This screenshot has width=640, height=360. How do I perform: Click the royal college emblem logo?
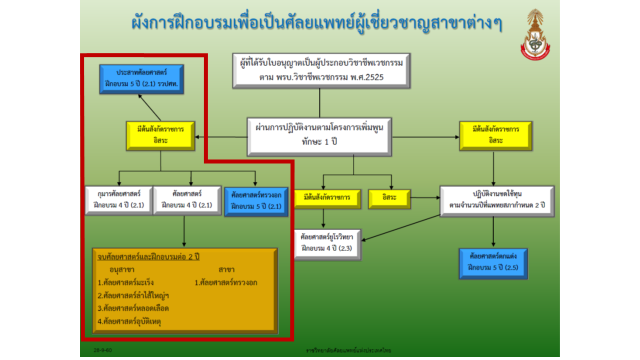point(535,34)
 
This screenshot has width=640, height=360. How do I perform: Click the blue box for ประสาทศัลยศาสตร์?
point(141,79)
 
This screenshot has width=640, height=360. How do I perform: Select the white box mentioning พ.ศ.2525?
point(321,70)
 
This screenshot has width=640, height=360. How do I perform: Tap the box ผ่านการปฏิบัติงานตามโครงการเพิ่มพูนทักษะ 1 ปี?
point(319,137)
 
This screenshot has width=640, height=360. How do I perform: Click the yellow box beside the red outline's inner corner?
point(160,135)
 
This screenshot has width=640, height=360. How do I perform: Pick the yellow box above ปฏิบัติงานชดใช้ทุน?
point(495,135)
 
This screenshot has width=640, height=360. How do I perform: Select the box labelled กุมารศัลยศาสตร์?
point(119,200)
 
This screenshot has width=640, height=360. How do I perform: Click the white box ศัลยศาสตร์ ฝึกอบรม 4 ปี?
point(187,200)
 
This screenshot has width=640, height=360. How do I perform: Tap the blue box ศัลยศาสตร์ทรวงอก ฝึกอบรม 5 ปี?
point(256,201)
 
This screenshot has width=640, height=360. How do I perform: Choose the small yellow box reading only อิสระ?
point(389,199)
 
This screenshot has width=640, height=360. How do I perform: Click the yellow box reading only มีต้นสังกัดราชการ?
point(327,199)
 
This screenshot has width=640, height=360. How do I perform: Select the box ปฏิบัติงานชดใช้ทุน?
point(497,201)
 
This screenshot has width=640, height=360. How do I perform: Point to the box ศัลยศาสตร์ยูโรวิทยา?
point(327,244)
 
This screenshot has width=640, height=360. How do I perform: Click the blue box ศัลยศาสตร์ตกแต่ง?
point(493,263)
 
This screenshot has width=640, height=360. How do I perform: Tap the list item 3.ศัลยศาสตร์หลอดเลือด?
point(133,308)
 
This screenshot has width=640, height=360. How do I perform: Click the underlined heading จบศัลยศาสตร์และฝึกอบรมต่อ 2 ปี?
point(148,256)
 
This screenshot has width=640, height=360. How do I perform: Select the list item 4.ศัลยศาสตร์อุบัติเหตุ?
point(129,321)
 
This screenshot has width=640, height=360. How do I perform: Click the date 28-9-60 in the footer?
point(103,350)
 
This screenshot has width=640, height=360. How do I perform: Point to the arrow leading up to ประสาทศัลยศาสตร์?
point(149,107)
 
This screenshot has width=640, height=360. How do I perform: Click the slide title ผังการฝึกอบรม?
point(316,23)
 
